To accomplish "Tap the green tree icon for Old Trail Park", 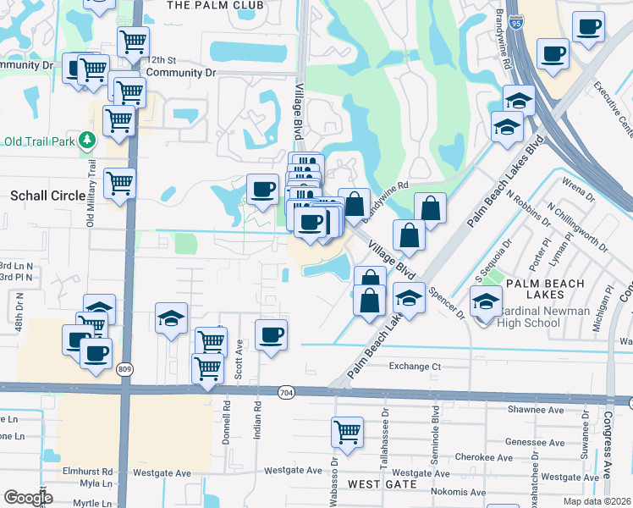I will pos(85,139).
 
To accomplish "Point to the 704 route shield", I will pos(286,392).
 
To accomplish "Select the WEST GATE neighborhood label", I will pos(383,484).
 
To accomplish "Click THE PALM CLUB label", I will pos(216,5).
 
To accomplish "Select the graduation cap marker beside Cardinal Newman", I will pos(486,301).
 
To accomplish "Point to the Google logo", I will pos(28,498).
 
